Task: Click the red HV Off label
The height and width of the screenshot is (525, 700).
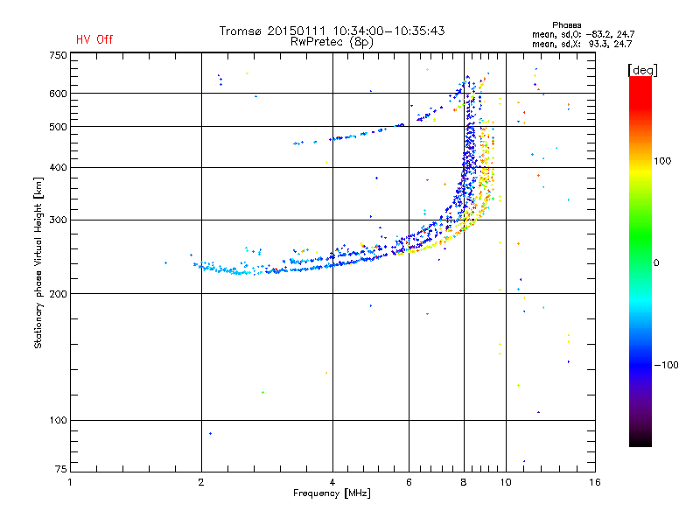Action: pyautogui.click(x=94, y=39)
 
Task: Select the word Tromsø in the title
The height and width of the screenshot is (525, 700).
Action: pyautogui.click(x=241, y=31)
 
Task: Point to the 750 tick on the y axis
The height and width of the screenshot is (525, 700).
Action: pyautogui.click(x=58, y=55)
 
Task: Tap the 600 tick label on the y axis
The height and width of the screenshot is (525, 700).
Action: pyautogui.click(x=58, y=94)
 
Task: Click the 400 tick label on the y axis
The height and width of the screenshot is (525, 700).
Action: pyautogui.click(x=58, y=167)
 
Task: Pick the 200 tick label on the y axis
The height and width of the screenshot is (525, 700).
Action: pyautogui.click(x=58, y=294)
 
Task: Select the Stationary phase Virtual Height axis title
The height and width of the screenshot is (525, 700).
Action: pyautogui.click(x=38, y=263)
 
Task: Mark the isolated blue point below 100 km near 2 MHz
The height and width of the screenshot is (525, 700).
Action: pyautogui.click(x=210, y=433)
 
